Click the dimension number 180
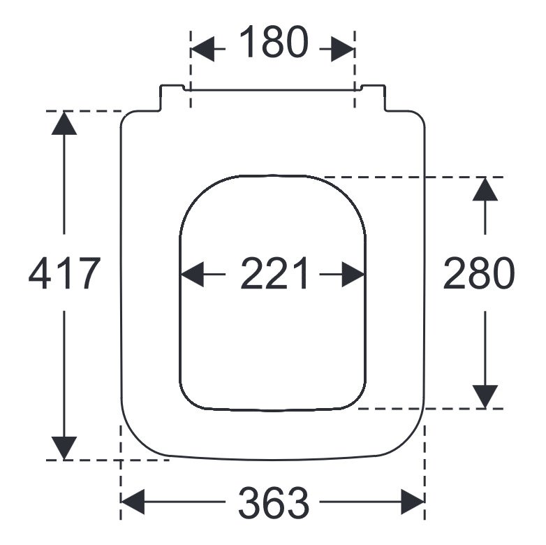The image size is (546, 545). point(274,42)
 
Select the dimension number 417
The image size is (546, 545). point(64,273)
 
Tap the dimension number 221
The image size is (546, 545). point(274,273)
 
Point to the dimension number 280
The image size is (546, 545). point(478,273)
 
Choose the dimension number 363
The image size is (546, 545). point(274,503)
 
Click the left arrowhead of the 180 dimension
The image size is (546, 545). point(202,49)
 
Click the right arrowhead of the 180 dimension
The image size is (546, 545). point(343,49)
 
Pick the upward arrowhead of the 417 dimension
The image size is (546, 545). point(64,123)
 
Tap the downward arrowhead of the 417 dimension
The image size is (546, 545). point(64,448)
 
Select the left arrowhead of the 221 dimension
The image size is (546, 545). point(193,274)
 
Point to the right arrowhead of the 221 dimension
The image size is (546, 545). point(353,274)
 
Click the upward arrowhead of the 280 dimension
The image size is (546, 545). point(485,189)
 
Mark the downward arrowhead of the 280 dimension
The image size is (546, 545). point(485,397)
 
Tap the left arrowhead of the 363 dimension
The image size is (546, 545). point(133,502)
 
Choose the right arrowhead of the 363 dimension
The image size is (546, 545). point(413,502)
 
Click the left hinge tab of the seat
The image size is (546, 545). point(171,98)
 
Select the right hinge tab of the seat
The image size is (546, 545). point(373,98)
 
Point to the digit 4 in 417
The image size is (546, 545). point(40,273)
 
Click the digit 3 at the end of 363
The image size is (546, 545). point(297,503)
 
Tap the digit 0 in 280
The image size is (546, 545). point(503,273)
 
